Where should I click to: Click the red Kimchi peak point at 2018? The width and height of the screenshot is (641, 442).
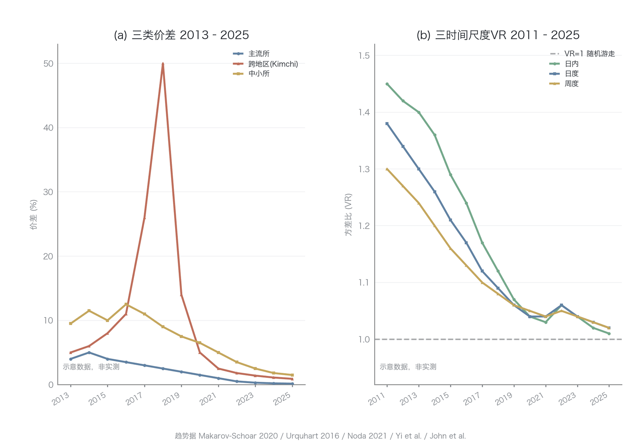163,64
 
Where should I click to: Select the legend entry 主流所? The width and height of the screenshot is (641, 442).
251,54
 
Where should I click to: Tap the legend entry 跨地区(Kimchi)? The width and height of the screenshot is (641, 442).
266,64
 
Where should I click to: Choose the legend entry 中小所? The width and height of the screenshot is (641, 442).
251,74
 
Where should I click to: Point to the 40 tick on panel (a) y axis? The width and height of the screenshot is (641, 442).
48,128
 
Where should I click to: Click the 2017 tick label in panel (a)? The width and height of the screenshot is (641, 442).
134,398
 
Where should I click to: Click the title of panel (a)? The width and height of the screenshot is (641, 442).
181,35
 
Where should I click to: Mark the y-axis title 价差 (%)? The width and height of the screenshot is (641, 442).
34,215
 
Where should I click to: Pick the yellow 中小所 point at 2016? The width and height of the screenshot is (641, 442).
126,304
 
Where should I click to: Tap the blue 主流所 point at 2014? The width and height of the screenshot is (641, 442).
89,352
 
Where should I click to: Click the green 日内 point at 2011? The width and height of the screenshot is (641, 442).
387,84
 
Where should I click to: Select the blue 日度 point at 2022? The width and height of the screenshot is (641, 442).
561,305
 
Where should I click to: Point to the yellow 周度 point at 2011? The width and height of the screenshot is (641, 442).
387,169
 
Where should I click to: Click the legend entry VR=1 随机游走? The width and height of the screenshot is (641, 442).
583,54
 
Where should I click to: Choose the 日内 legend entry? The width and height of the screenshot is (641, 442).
564,64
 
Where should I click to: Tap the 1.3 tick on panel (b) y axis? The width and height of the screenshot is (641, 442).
364,169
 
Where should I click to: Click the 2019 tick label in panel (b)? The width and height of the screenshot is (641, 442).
504,398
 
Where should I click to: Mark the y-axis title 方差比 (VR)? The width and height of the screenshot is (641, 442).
348,215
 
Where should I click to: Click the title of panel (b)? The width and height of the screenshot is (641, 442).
498,35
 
